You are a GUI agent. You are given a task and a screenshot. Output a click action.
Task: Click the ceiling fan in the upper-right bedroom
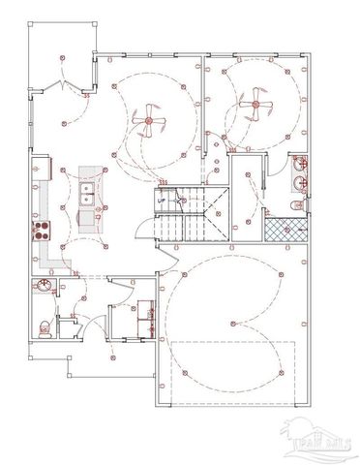[256, 99]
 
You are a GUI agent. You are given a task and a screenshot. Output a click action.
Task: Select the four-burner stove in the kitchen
[42, 230]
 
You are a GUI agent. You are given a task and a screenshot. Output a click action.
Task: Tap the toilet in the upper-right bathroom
[299, 206]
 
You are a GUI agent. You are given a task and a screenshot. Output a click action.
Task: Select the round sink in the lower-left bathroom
[44, 287]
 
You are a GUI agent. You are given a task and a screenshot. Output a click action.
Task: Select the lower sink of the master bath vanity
[301, 182]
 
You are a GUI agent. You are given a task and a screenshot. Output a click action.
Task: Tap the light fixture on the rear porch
[62, 57]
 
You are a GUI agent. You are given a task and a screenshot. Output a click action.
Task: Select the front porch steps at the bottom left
[76, 366]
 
